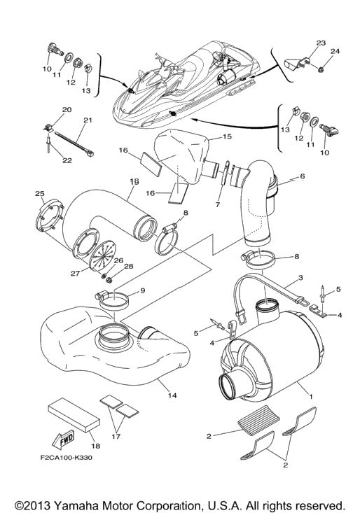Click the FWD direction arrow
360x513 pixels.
[x=63, y=440]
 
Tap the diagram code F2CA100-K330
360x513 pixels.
[x=67, y=458]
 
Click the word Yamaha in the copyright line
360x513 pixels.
[x=76, y=505]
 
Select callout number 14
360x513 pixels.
[x=172, y=395]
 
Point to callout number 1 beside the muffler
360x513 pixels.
[x=311, y=396]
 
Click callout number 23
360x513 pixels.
[x=321, y=43]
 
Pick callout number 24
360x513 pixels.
[x=335, y=51]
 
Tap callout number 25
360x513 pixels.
[x=40, y=194]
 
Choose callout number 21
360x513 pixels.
[x=88, y=120]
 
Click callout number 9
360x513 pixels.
[x=143, y=290]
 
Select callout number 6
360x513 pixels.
[x=302, y=176]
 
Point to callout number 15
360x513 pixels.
[x=227, y=136]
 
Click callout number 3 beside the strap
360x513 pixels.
[x=300, y=278]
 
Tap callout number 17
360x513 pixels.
[x=116, y=437]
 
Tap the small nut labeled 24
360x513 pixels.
[x=321, y=69]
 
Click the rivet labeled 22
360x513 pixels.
[x=47, y=143]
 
